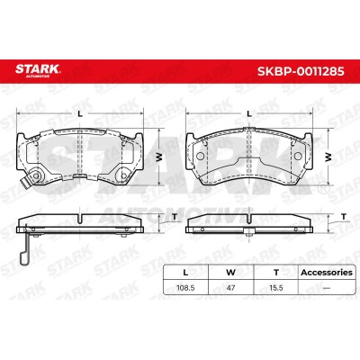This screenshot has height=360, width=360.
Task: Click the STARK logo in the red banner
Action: (38, 70)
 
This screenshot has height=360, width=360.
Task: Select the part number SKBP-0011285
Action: (301, 71)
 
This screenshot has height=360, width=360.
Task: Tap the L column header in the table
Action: (185, 273)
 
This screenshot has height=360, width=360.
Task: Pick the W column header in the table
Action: (230, 273)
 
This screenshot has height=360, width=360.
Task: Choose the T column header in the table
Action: (276, 273)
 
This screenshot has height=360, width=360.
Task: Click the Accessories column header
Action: (327, 273)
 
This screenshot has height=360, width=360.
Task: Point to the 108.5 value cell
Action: (185, 288)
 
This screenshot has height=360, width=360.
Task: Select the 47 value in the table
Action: (230, 288)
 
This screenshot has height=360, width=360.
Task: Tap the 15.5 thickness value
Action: (276, 288)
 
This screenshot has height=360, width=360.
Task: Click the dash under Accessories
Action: (327, 288)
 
